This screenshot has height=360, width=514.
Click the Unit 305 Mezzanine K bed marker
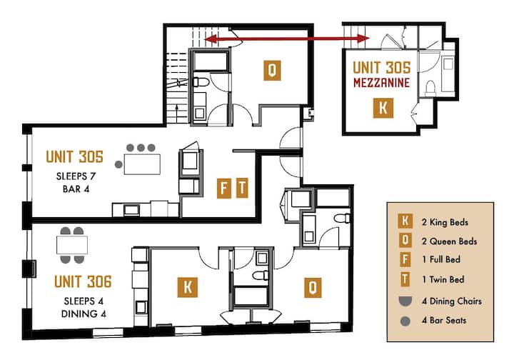coord(383,108)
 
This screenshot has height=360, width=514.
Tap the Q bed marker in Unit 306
coord(313,288)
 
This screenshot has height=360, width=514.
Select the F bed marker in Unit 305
coord(224,188)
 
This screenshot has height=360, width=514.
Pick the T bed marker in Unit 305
coord(242,188)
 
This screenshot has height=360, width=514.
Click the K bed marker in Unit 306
coord(188,288)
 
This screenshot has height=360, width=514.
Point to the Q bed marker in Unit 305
coord(272,70)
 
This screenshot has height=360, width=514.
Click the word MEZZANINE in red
coord(381,82)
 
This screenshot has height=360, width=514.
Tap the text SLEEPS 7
coord(76,176)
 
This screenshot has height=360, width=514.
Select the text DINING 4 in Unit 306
coord(84,314)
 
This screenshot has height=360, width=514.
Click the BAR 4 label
coord(76,189)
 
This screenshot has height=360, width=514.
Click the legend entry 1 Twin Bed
coord(443,280)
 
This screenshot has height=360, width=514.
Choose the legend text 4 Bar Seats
coord(444,320)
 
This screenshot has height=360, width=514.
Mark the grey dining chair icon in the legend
coord(405,301)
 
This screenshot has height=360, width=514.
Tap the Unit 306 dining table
coord(72,245)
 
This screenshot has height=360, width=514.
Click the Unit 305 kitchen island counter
coord(142,164)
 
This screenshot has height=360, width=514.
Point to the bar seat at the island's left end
coord(119,164)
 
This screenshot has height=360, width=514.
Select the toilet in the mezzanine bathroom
coord(430,88)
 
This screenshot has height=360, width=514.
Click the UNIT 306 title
coord(83,281)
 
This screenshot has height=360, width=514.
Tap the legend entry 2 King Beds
coord(445,222)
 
